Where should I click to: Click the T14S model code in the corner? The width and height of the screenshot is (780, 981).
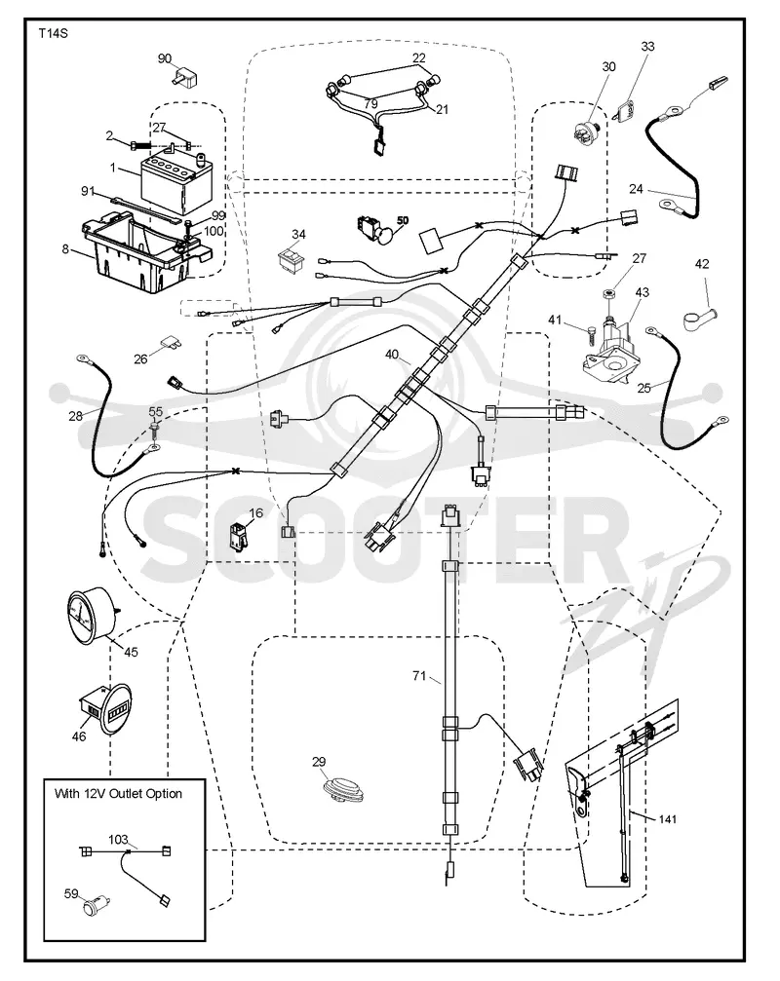(54, 34)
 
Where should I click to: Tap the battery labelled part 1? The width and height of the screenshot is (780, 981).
(179, 184)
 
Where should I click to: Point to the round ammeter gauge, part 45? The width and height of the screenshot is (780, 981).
(92, 617)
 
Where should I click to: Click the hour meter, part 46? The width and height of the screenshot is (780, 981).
(107, 710)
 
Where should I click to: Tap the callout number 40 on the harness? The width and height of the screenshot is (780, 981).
(392, 355)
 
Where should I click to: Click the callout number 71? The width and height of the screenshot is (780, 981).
(419, 676)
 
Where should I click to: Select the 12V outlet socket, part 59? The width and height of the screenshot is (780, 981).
(97, 905)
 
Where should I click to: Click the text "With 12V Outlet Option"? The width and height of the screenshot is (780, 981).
(118, 793)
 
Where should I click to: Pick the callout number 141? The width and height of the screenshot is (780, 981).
(667, 819)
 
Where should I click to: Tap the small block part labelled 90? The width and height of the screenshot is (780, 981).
(185, 78)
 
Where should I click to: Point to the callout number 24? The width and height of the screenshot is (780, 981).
(636, 188)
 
